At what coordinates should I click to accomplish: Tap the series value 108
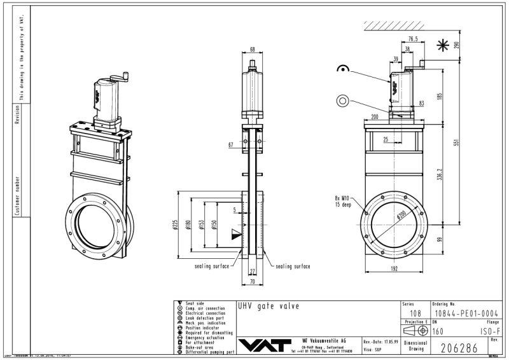tap(415, 313)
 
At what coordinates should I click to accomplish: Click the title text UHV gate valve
tap(268, 306)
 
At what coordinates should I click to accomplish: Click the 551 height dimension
tap(455, 142)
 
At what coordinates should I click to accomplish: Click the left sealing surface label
tap(212, 267)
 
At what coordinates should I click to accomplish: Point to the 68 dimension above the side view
tap(253, 49)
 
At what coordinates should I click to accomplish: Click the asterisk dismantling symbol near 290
tap(442, 45)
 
